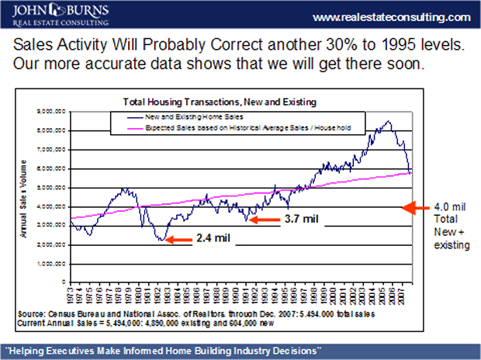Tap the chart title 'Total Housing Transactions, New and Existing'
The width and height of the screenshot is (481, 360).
tap(221, 102)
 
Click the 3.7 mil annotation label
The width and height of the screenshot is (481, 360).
tap(303, 220)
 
